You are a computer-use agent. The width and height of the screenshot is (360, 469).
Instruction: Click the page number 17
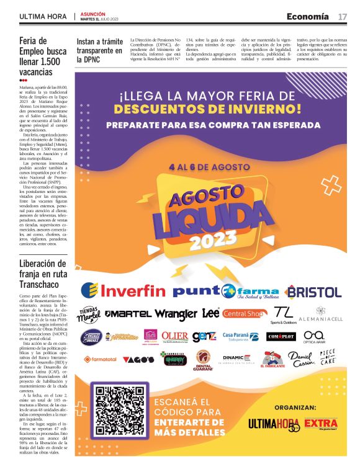pyautogui.click(x=342, y=16)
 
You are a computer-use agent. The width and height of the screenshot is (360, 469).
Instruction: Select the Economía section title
pyautogui.click(x=307, y=16)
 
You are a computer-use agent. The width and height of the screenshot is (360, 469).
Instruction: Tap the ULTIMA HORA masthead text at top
pyautogui.click(x=43, y=16)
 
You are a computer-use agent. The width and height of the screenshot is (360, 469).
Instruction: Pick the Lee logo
pyautogui.click(x=210, y=313)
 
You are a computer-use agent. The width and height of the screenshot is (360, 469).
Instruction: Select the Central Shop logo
pyautogui.click(x=244, y=314)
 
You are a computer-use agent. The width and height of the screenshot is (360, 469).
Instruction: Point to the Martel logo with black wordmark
pyautogui.click(x=127, y=315)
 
